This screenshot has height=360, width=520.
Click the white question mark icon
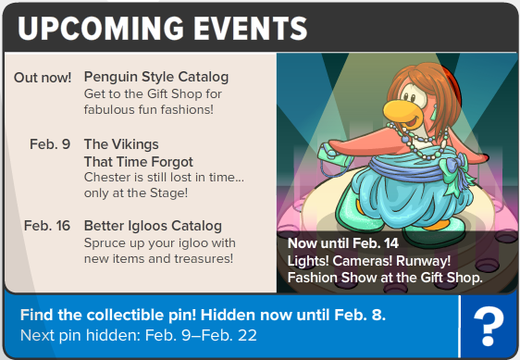point(489,327)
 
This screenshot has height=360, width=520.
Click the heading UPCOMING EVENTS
point(163,28)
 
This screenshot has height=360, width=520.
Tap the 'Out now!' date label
point(43,78)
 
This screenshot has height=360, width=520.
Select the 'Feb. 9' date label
point(50,144)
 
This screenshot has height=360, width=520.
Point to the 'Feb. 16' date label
point(47,226)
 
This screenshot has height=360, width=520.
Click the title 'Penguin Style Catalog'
point(156,78)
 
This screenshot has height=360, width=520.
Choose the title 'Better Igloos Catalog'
point(153,226)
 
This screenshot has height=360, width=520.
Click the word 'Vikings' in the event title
point(135,144)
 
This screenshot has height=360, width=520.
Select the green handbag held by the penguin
point(331,156)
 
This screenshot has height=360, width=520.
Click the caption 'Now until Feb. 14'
point(343,243)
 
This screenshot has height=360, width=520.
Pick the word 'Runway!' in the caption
point(424,261)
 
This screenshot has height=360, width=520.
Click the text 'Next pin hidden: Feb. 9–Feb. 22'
point(139,335)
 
